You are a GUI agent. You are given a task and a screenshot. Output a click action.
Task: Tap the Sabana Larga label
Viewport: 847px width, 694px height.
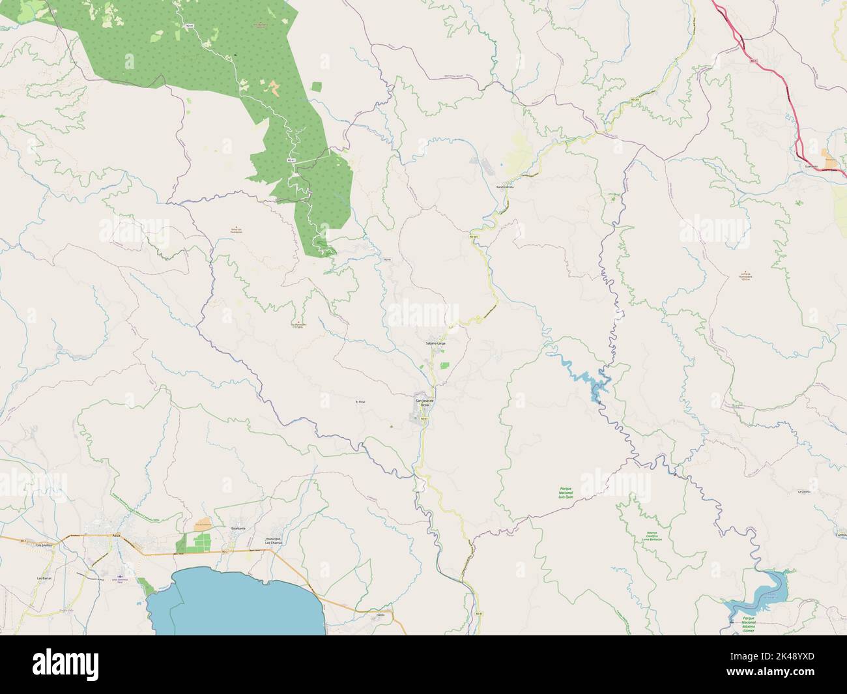(435, 343)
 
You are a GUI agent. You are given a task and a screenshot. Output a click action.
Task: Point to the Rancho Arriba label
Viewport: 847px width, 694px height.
(505, 186)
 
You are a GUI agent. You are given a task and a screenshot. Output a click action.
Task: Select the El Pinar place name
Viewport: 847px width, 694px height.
(361, 402)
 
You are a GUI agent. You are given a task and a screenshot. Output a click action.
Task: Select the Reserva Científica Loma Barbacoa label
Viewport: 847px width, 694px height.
(652, 536)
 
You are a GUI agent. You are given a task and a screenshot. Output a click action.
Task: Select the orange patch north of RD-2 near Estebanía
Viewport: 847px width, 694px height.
(203, 523)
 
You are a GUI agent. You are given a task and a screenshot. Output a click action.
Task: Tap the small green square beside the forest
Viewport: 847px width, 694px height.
(317, 86)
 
